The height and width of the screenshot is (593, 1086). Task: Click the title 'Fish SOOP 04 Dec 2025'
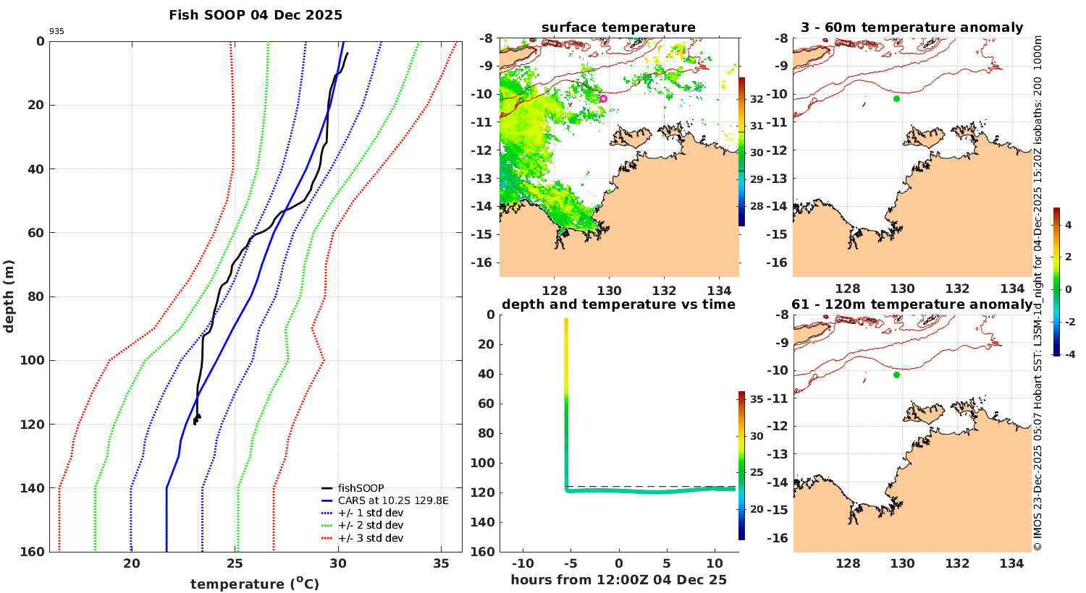[x=256, y=15]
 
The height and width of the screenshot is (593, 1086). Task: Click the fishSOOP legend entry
[x=361, y=488]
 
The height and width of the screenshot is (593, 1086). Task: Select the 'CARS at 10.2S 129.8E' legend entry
[x=393, y=500]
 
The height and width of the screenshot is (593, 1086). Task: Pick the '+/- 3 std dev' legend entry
[x=370, y=538]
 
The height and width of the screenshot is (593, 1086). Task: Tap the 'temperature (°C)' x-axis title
[x=255, y=584]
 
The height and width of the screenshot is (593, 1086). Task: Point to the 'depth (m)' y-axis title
[x=9, y=296]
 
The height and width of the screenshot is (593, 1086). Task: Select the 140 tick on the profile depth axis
[x=32, y=488]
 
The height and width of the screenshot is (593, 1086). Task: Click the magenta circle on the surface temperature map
[x=603, y=98]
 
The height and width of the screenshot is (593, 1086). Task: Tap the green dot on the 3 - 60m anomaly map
[x=897, y=98]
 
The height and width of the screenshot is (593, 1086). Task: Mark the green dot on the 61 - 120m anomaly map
[x=897, y=375]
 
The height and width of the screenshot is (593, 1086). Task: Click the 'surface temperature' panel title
[x=618, y=27]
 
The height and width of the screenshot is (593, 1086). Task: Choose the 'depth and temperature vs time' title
[x=618, y=304]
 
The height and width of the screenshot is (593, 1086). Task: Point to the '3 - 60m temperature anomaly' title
[x=912, y=27]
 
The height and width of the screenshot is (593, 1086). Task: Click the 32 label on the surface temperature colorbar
[x=757, y=98]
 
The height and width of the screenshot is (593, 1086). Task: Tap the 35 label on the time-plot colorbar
[x=757, y=399]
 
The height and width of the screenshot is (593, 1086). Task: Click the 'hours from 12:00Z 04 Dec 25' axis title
[x=618, y=580]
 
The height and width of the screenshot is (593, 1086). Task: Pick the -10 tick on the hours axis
[x=523, y=564]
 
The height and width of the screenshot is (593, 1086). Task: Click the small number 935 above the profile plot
[x=56, y=32]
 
